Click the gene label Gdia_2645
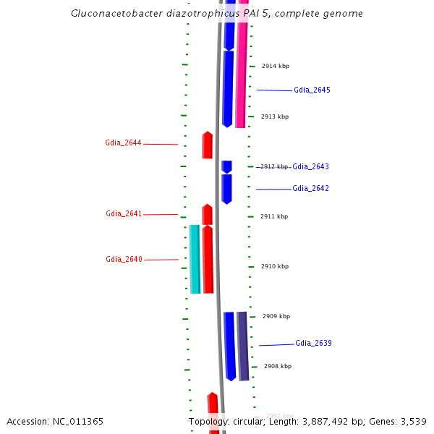tap(312, 90)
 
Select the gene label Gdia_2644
tap(123, 143)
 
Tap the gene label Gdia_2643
tap(310, 167)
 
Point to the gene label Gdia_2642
tap(310, 189)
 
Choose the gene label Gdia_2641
tap(124, 214)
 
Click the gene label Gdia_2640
tap(124, 260)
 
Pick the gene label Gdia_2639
tap(313, 344)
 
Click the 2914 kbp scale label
tap(275, 67)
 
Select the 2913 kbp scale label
tap(274, 116)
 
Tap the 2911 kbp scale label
tap(274, 216)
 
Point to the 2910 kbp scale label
tap(274, 266)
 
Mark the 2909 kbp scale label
tap(276, 316)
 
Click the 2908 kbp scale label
tap(278, 366)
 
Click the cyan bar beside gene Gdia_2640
tap(195, 259)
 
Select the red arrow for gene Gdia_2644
tap(207, 145)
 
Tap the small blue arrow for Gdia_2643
tap(226, 166)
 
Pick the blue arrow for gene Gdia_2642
tap(226, 189)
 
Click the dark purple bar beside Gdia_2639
tap(243, 346)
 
